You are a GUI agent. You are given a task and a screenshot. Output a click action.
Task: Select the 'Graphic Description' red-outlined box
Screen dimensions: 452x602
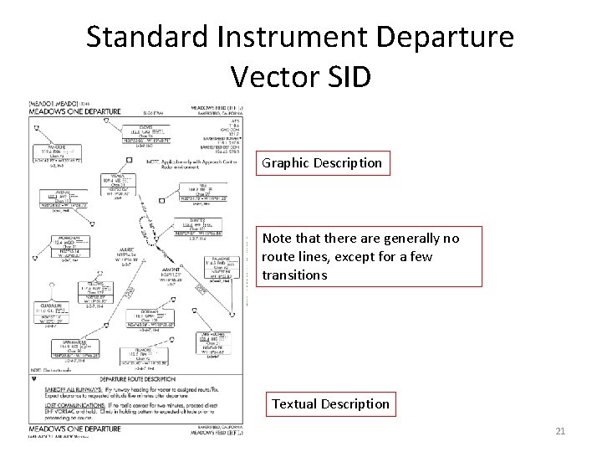tap(323, 162)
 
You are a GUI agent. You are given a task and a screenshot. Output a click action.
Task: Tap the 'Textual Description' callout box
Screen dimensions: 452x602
tap(330, 403)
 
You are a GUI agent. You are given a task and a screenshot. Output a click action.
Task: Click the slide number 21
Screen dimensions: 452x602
tap(560, 431)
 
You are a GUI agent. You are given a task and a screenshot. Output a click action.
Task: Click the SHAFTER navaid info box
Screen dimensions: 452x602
tap(196, 228)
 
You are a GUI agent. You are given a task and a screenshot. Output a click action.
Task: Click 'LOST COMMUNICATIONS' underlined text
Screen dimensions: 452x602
tap(60, 403)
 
